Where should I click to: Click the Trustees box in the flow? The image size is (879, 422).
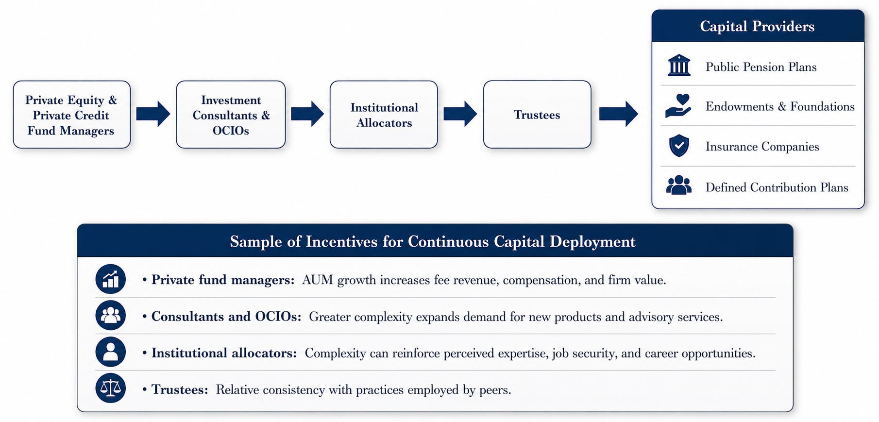[537, 115]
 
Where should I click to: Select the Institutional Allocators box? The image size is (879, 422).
[384, 115]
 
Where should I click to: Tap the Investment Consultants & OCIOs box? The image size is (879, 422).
[231, 115]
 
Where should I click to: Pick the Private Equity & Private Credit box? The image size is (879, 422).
[72, 115]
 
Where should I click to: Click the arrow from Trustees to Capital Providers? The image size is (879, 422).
[619, 114]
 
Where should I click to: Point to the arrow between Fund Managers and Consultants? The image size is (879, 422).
[153, 114]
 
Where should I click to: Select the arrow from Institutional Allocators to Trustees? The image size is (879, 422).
[460, 114]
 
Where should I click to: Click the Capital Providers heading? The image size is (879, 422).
[757, 26]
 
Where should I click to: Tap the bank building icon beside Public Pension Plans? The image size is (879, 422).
[679, 65]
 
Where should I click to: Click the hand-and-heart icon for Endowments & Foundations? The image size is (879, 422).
[678, 105]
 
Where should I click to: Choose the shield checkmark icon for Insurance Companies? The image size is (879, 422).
[679, 146]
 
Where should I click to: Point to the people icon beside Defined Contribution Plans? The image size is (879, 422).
[679, 186]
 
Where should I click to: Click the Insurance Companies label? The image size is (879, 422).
[762, 147]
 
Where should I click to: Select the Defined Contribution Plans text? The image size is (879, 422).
[777, 187]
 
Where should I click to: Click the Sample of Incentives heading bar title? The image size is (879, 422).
[433, 241]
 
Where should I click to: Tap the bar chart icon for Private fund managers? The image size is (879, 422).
[111, 279]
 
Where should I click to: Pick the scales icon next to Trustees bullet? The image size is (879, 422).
[111, 388]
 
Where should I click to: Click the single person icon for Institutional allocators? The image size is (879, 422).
[111, 352]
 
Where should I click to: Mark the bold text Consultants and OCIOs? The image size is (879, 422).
[226, 317]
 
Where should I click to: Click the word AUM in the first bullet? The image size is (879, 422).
[318, 280]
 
